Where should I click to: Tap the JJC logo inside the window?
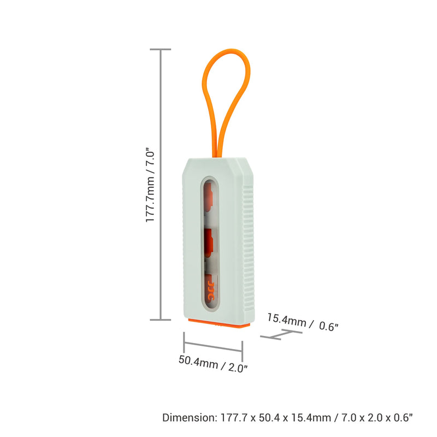tap(211, 291)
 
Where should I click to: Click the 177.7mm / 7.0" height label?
tap(150, 185)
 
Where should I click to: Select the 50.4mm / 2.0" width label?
tap(213, 363)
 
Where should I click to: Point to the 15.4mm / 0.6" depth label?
tap(303, 322)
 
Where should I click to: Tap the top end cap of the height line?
tap(160, 49)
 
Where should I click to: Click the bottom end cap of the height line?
tap(160, 320)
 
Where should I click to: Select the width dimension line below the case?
tap(213, 346)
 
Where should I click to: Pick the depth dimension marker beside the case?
tap(281, 334)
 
